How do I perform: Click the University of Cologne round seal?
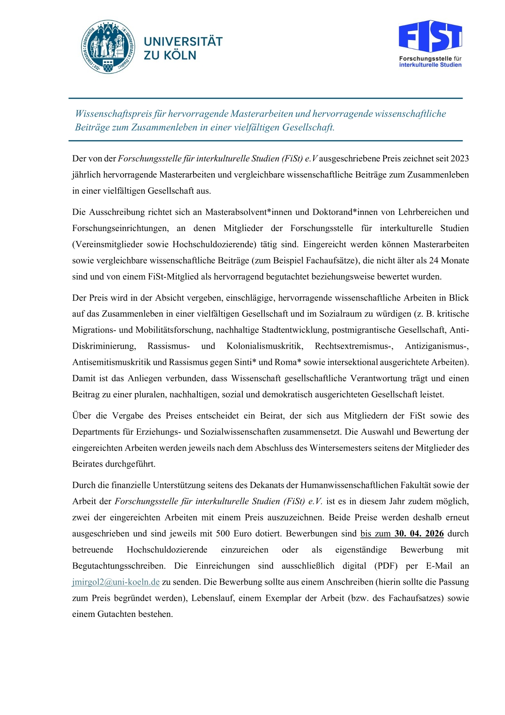point(109,47)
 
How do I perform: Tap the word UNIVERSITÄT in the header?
point(183,42)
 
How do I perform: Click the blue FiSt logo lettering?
point(430,36)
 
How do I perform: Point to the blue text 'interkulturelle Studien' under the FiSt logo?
point(430,65)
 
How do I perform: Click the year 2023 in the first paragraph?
point(459,159)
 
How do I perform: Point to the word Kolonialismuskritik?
point(265,346)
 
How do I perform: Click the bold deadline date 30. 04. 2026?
point(419,534)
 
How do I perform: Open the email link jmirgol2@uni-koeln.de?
point(116,582)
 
